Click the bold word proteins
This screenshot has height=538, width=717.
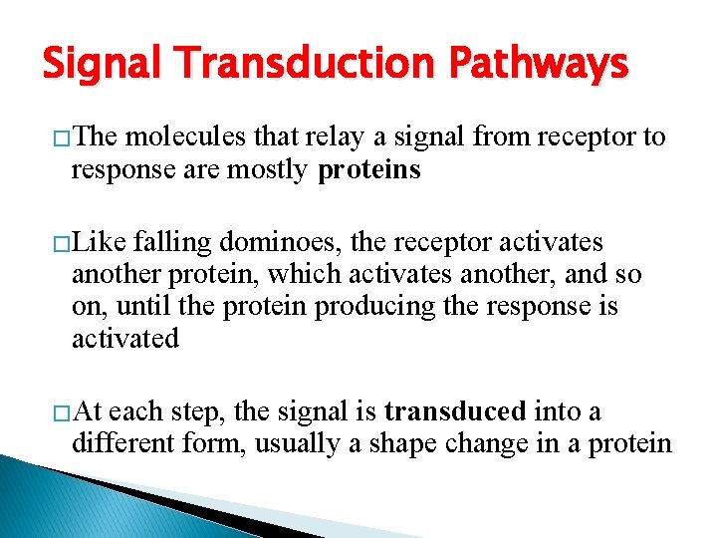click(x=368, y=170)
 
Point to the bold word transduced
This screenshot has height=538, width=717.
click(x=455, y=411)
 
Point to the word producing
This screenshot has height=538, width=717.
click(x=377, y=307)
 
